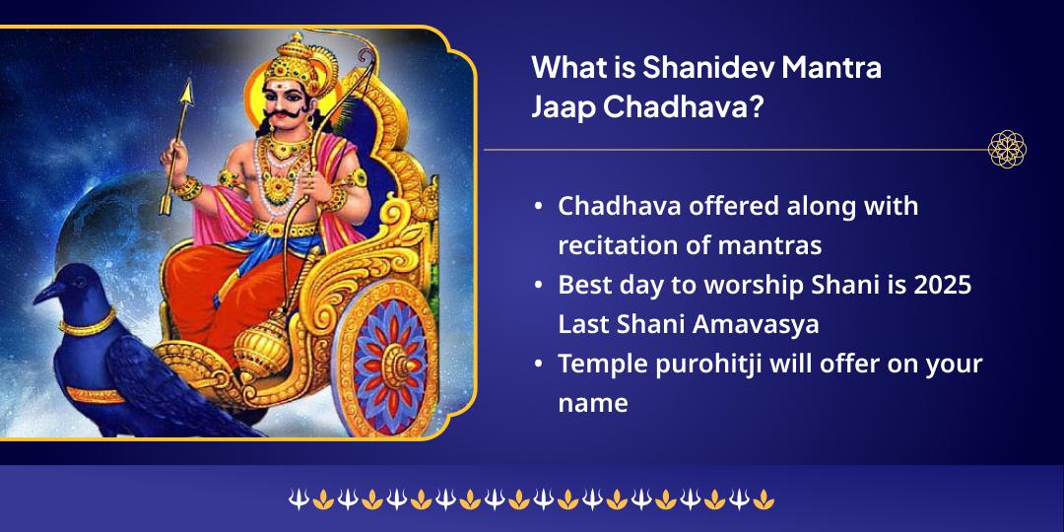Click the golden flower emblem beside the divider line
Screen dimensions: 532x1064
[1007, 150]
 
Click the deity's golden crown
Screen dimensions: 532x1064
[294, 59]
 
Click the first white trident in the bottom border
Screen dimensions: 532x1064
[297, 501]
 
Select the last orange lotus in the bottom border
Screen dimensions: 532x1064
[765, 501]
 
